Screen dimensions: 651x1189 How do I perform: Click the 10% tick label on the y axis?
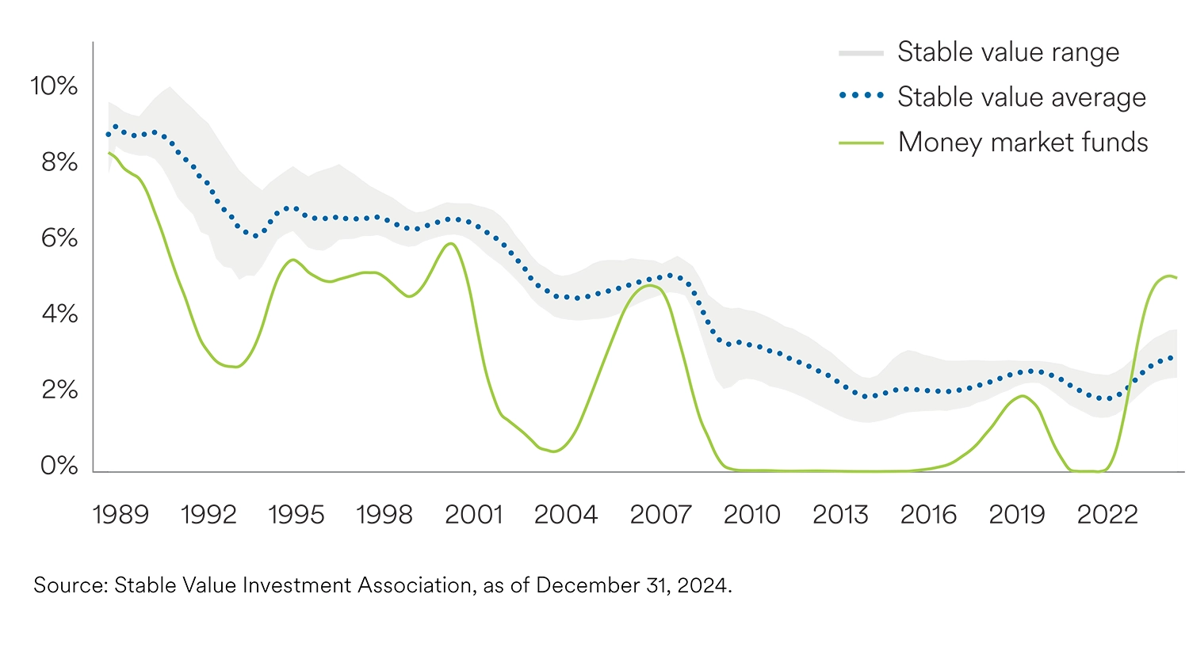[54, 86]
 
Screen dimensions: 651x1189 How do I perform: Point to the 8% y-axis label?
[59, 162]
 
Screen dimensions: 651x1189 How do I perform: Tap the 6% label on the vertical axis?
[59, 238]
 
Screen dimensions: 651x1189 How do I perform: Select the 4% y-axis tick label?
[59, 314]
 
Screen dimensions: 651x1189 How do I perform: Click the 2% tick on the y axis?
[59, 390]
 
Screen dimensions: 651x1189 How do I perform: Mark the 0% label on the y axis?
[59, 466]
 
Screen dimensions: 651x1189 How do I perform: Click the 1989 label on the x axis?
[120, 515]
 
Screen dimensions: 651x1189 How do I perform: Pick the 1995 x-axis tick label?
[296, 515]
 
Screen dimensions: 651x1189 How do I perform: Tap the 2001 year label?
[473, 515]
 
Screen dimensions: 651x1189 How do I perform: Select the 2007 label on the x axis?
[660, 515]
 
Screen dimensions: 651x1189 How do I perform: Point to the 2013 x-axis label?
[840, 515]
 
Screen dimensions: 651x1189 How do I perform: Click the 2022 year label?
[1107, 515]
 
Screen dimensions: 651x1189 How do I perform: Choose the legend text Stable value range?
[1008, 52]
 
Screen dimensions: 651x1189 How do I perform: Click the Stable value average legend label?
[1022, 97]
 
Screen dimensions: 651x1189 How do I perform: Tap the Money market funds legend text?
[1023, 143]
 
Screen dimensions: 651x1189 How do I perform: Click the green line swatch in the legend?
[861, 143]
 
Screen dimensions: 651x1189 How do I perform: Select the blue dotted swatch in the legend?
[861, 96]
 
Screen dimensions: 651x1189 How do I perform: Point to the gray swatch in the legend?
[861, 53]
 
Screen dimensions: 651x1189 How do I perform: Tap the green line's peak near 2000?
[451, 243]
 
